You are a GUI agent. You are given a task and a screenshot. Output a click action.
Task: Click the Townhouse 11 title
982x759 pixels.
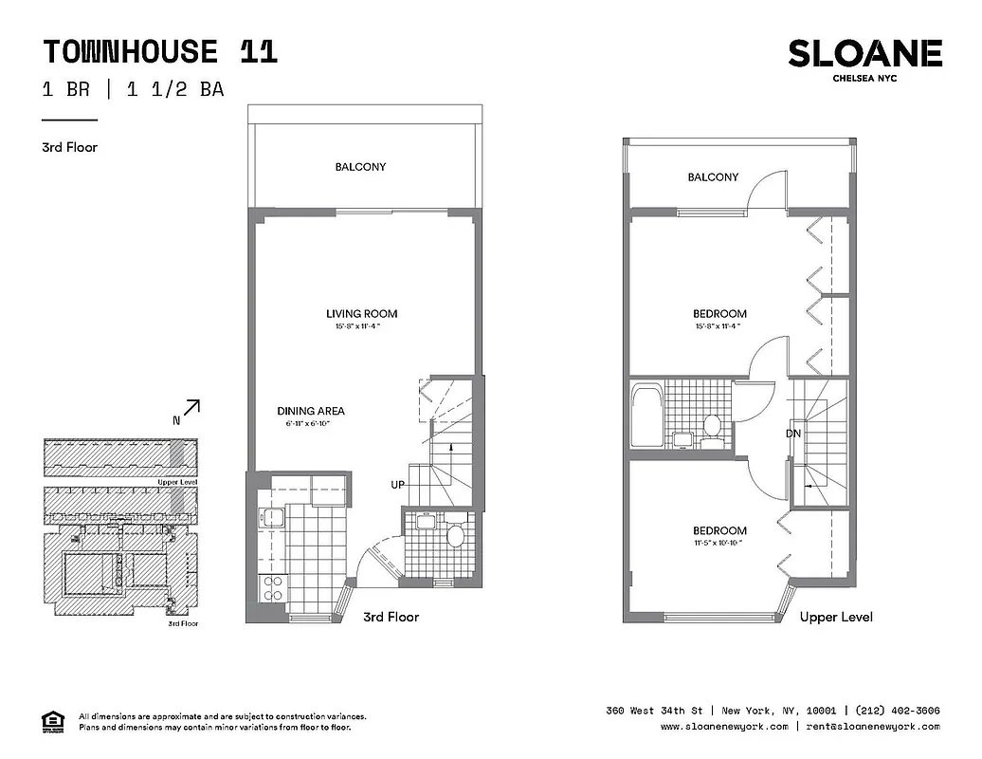[x=160, y=51]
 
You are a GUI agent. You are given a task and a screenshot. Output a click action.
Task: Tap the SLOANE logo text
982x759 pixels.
[x=864, y=54]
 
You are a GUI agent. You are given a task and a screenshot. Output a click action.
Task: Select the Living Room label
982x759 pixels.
[x=361, y=314]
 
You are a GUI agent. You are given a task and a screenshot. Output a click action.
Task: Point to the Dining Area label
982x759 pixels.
[x=311, y=411]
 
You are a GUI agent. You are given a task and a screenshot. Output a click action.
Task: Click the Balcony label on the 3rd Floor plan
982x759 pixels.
[x=360, y=167]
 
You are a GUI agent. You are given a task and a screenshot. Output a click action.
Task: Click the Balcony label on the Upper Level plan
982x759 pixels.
[x=713, y=177]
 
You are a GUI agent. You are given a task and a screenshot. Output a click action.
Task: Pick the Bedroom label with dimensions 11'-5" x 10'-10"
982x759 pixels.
[x=718, y=531]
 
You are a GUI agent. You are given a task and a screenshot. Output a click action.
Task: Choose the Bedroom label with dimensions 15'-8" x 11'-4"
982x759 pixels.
[x=718, y=314]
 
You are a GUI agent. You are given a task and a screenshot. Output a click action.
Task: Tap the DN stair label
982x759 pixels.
[x=793, y=434]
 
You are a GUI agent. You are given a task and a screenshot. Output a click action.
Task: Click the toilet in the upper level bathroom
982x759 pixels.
[x=712, y=426]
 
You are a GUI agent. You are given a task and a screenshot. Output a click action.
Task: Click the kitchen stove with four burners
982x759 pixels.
[x=272, y=588]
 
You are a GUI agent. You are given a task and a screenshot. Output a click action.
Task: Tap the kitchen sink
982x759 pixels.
[x=272, y=518]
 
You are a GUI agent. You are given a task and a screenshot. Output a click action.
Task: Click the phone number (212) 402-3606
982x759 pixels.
[x=897, y=711]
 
